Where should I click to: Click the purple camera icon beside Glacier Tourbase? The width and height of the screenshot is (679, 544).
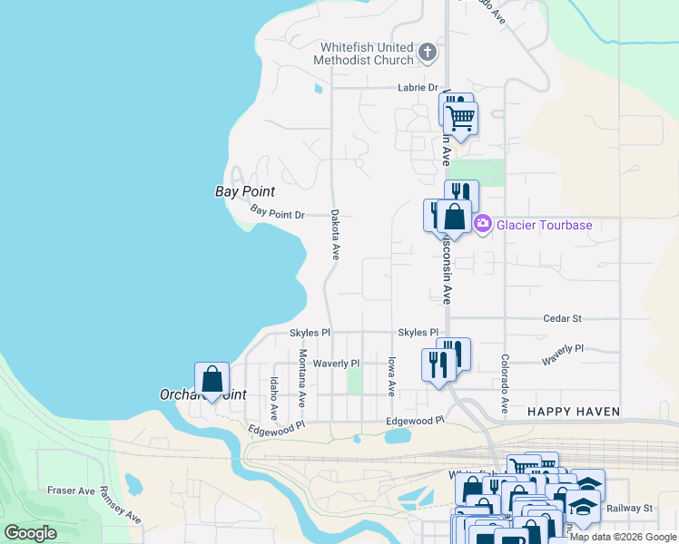coord(483,224)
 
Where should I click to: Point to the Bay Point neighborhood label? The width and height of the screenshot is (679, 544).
coord(244,191)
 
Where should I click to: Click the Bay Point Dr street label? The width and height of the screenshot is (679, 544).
coord(277,214)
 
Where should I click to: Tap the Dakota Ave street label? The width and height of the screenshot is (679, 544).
coord(335,236)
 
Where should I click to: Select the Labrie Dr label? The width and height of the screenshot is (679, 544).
coord(418,88)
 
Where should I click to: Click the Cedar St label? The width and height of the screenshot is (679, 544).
coord(562,319)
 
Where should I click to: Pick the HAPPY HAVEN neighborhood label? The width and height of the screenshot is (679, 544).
coord(575,412)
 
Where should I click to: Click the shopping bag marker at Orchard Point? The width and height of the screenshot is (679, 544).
coord(212,380)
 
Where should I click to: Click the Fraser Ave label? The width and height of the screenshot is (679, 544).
coord(72,491)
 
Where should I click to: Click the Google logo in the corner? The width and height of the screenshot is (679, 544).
coord(30,532)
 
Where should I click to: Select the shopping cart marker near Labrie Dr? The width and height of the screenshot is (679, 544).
coord(462,117)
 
